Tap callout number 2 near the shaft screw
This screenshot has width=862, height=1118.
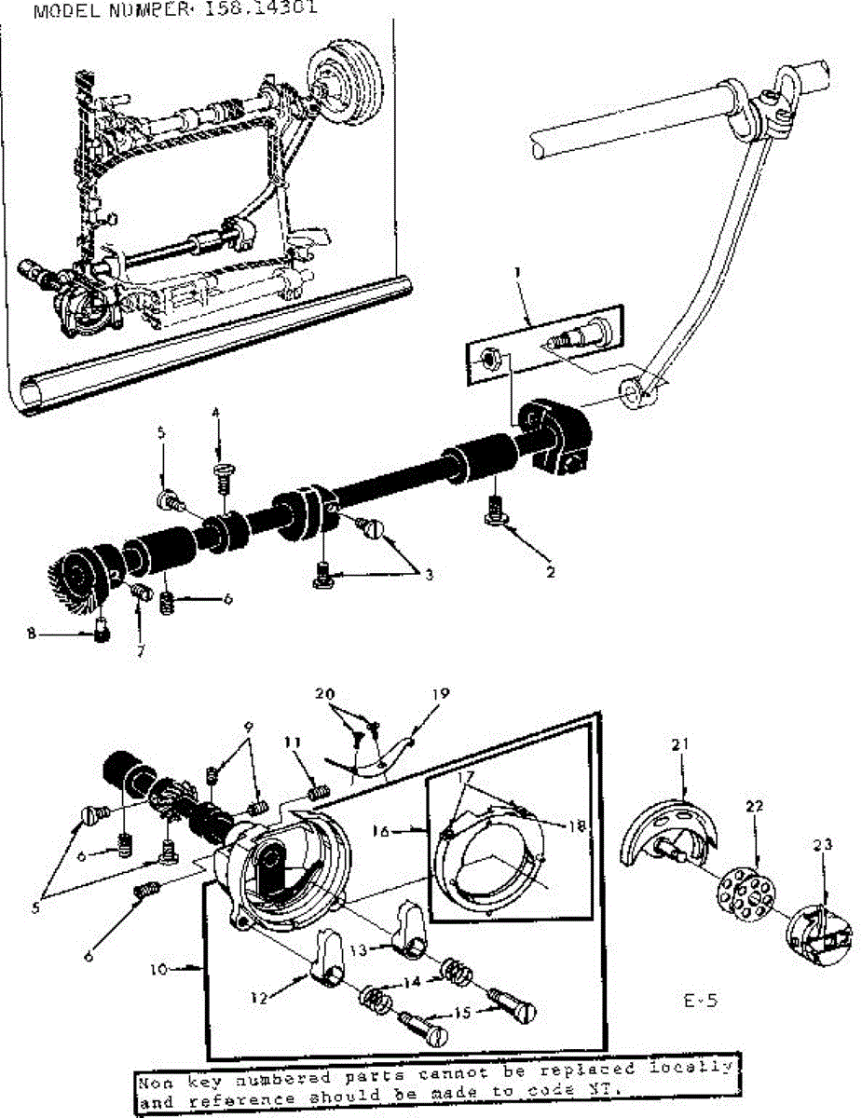[551, 572]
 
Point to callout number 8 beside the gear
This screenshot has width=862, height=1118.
[33, 634]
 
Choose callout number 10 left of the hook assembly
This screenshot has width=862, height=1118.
[157, 969]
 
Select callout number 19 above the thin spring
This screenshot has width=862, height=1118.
[441, 693]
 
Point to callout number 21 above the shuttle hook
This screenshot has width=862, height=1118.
[680, 743]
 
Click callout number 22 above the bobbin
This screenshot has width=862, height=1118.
[755, 807]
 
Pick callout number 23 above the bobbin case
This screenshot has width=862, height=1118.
[821, 846]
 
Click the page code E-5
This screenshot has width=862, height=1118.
[698, 1002]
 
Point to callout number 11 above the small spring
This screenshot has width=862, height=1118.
[294, 742]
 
